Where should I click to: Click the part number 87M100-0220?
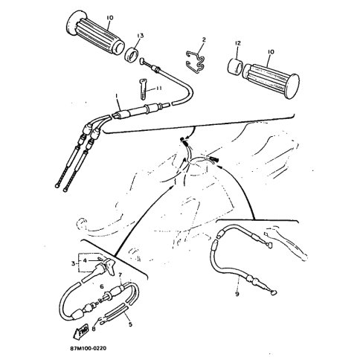point(89,348)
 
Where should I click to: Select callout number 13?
point(140,36)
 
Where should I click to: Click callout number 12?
point(237,43)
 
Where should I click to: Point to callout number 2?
point(204,39)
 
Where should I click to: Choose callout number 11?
point(158,89)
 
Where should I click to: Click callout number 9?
point(237,295)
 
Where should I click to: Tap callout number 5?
point(130,324)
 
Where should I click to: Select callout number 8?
point(93,329)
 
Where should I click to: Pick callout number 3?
point(73,263)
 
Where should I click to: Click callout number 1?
point(117,95)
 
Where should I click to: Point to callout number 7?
point(120,275)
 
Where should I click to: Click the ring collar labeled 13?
point(131,56)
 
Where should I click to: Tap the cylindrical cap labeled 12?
point(235,66)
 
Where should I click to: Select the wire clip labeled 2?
point(196,62)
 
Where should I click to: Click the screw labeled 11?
point(144,89)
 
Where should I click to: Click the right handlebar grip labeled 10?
point(271,81)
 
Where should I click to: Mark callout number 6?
point(102,286)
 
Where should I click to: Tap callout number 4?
point(85,261)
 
